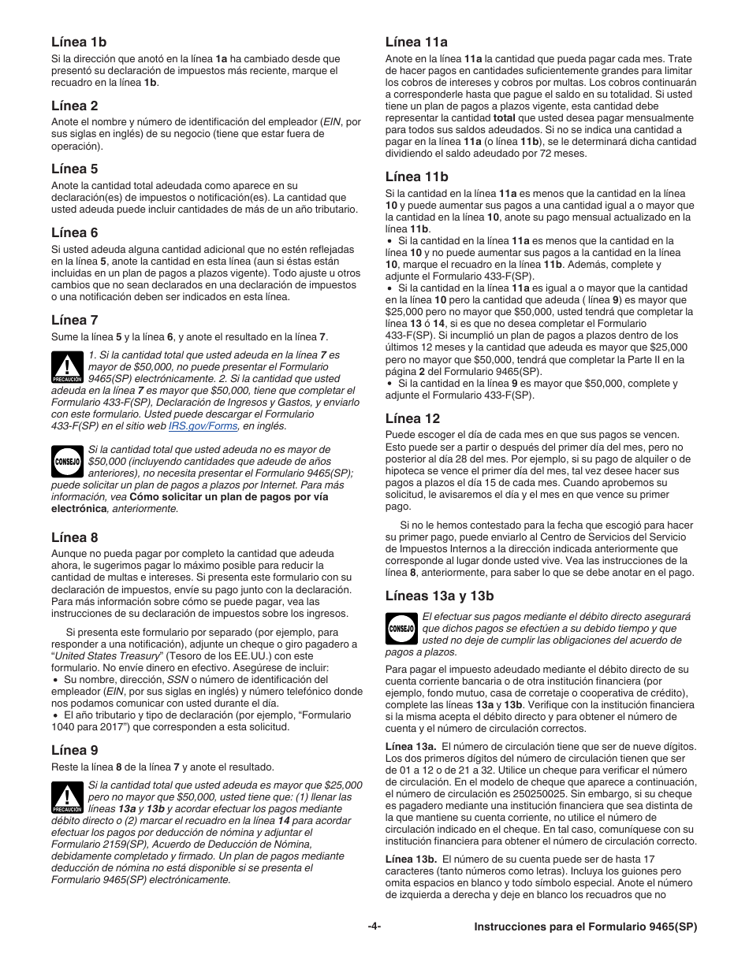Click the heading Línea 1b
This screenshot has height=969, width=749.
coord(79,42)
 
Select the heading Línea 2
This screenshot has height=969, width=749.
coord(75,106)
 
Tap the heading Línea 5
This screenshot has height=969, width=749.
coord(75,169)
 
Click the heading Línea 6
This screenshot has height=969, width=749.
coord(75,232)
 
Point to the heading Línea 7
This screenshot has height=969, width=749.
coord(75,320)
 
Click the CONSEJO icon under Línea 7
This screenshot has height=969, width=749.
coord(67,462)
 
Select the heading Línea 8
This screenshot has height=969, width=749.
coord(75,537)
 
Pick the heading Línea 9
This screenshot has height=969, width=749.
coord(75,750)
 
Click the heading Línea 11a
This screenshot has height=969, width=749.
coord(416,42)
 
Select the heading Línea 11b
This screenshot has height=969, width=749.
coord(416,176)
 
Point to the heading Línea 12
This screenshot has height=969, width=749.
coord(412,418)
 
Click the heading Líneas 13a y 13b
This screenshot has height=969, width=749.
coord(439,596)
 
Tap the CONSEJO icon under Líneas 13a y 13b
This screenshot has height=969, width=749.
coord(401,629)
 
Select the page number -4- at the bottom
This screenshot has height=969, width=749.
coord(374,927)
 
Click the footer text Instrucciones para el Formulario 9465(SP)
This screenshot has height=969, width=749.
coord(585,927)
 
